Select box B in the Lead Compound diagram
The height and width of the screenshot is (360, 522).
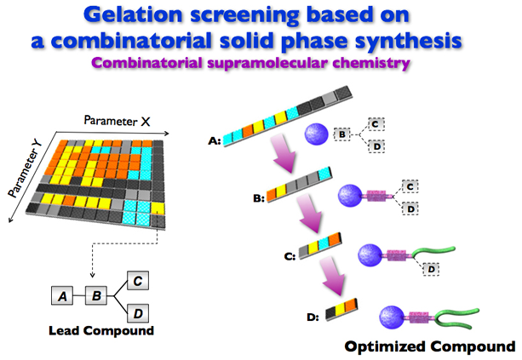click(97, 297)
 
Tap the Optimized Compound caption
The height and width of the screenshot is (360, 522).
click(430, 346)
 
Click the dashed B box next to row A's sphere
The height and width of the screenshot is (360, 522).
click(342, 134)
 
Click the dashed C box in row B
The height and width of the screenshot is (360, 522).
click(410, 184)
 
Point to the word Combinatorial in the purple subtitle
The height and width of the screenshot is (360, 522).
click(177, 61)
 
